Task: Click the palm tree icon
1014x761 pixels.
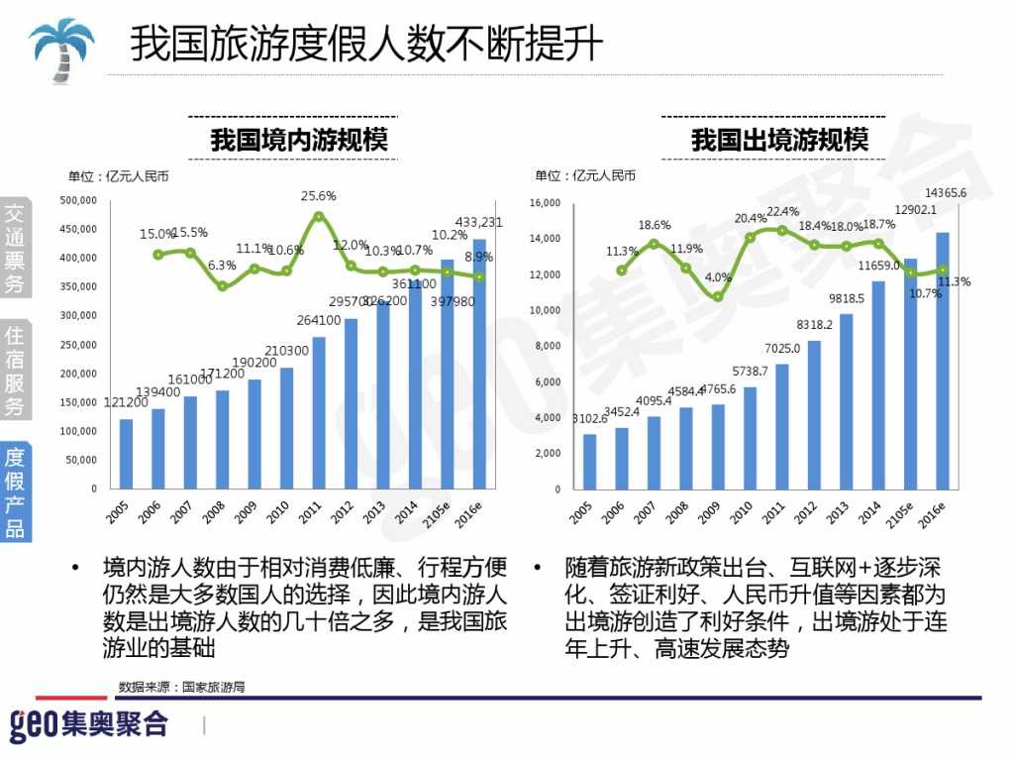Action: coord(61,46)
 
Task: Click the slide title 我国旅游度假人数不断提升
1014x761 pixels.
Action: coord(366,45)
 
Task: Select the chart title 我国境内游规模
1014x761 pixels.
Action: coord(298,140)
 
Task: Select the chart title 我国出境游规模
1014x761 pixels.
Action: coord(779,140)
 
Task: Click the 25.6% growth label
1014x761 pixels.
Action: coord(318,196)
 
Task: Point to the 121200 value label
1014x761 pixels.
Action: coord(126,402)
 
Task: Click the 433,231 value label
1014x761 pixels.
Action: coord(478,222)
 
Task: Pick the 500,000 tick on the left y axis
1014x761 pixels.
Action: coord(78,200)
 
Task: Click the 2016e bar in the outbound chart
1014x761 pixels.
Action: coord(943,360)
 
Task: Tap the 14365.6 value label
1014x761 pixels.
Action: coord(946,192)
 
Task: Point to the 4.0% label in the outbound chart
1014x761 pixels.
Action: coord(718,277)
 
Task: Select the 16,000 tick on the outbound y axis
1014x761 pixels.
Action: coord(546,203)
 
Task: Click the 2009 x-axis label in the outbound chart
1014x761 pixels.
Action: coord(709,511)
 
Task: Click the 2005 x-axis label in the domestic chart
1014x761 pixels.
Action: coord(116,511)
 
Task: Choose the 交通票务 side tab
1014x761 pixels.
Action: coord(15,249)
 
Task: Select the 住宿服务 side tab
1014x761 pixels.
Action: coord(15,370)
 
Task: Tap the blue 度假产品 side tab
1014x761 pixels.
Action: coord(15,491)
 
